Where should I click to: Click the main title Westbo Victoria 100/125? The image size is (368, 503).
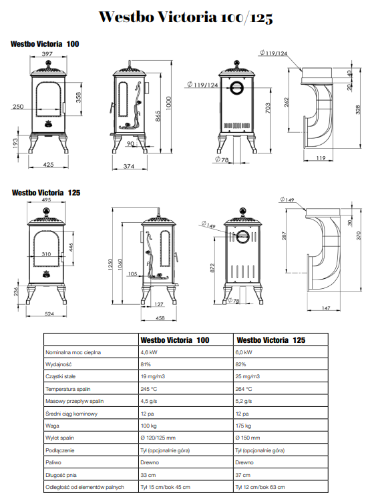186,17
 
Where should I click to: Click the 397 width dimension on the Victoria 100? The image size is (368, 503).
47,54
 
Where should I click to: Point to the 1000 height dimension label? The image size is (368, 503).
169,103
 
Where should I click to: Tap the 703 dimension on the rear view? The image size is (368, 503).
268,108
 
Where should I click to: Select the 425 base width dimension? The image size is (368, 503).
48,165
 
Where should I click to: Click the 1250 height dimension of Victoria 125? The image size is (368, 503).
110,265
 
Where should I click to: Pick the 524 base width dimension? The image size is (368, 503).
49,314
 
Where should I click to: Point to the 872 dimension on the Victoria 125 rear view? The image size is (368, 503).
212,268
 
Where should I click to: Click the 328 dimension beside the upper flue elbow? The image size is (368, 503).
359,109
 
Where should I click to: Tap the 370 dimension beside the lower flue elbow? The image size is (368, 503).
359,235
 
